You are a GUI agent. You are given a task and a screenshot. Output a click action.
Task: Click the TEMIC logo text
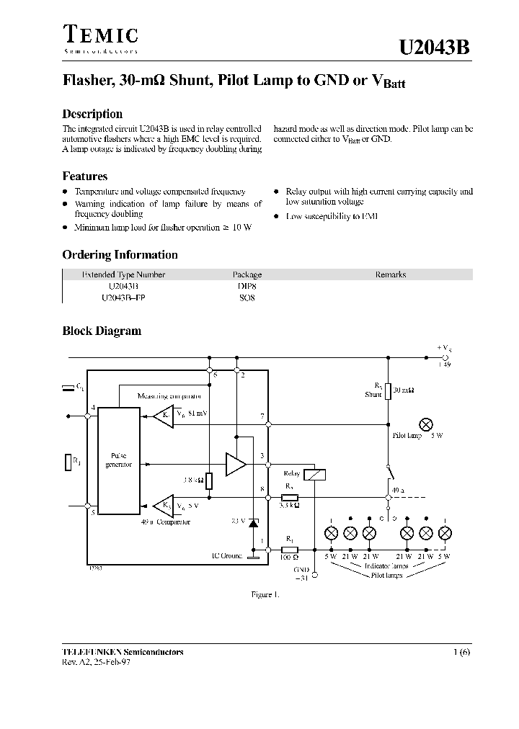click(100, 36)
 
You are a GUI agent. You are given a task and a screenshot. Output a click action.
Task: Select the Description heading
click(92, 114)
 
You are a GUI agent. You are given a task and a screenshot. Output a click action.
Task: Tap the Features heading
click(85, 176)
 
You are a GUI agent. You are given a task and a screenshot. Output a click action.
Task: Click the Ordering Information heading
click(120, 255)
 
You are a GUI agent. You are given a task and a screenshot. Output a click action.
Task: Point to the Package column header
click(247, 274)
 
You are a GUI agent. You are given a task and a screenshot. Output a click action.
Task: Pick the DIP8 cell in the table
click(247, 286)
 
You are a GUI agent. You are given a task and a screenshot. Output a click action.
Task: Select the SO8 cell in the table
click(247, 298)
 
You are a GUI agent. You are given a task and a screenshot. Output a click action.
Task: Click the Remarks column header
click(390, 274)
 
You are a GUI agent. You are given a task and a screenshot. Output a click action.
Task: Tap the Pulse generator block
click(118, 460)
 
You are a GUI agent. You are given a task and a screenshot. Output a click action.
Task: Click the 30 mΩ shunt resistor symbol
click(388, 391)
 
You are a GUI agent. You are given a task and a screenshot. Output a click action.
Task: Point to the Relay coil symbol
click(315, 474)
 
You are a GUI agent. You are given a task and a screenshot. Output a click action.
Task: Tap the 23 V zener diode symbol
click(253, 522)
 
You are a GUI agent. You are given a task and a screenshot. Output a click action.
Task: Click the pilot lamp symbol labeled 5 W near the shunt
click(425, 424)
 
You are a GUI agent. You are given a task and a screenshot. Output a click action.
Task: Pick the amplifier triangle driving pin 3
click(235, 465)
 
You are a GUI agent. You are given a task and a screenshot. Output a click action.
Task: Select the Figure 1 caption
click(265, 594)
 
